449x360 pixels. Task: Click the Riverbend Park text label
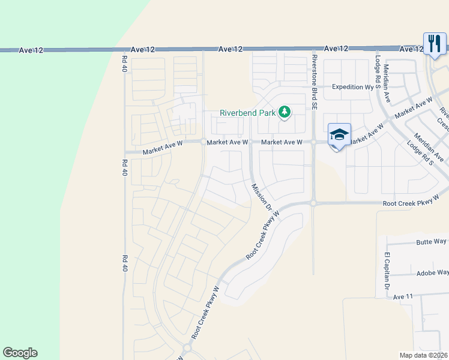coord(247,113)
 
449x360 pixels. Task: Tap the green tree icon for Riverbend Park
coord(285,112)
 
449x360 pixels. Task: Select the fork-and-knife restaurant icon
coord(433,43)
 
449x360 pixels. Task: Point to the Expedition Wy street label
coord(352,87)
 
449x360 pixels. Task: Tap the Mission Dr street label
coord(262,197)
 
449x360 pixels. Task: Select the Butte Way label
coord(432,242)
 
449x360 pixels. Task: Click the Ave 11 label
coord(404,296)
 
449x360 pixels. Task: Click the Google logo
coord(20,353)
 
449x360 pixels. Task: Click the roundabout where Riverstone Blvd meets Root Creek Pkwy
coord(313,203)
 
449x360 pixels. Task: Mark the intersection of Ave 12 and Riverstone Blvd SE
coord(313,49)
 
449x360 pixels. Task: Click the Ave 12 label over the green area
coord(31,50)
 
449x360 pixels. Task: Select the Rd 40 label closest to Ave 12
coord(125,64)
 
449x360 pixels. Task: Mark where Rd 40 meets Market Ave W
coord(124,152)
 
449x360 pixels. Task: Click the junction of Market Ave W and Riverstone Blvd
coord(313,142)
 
